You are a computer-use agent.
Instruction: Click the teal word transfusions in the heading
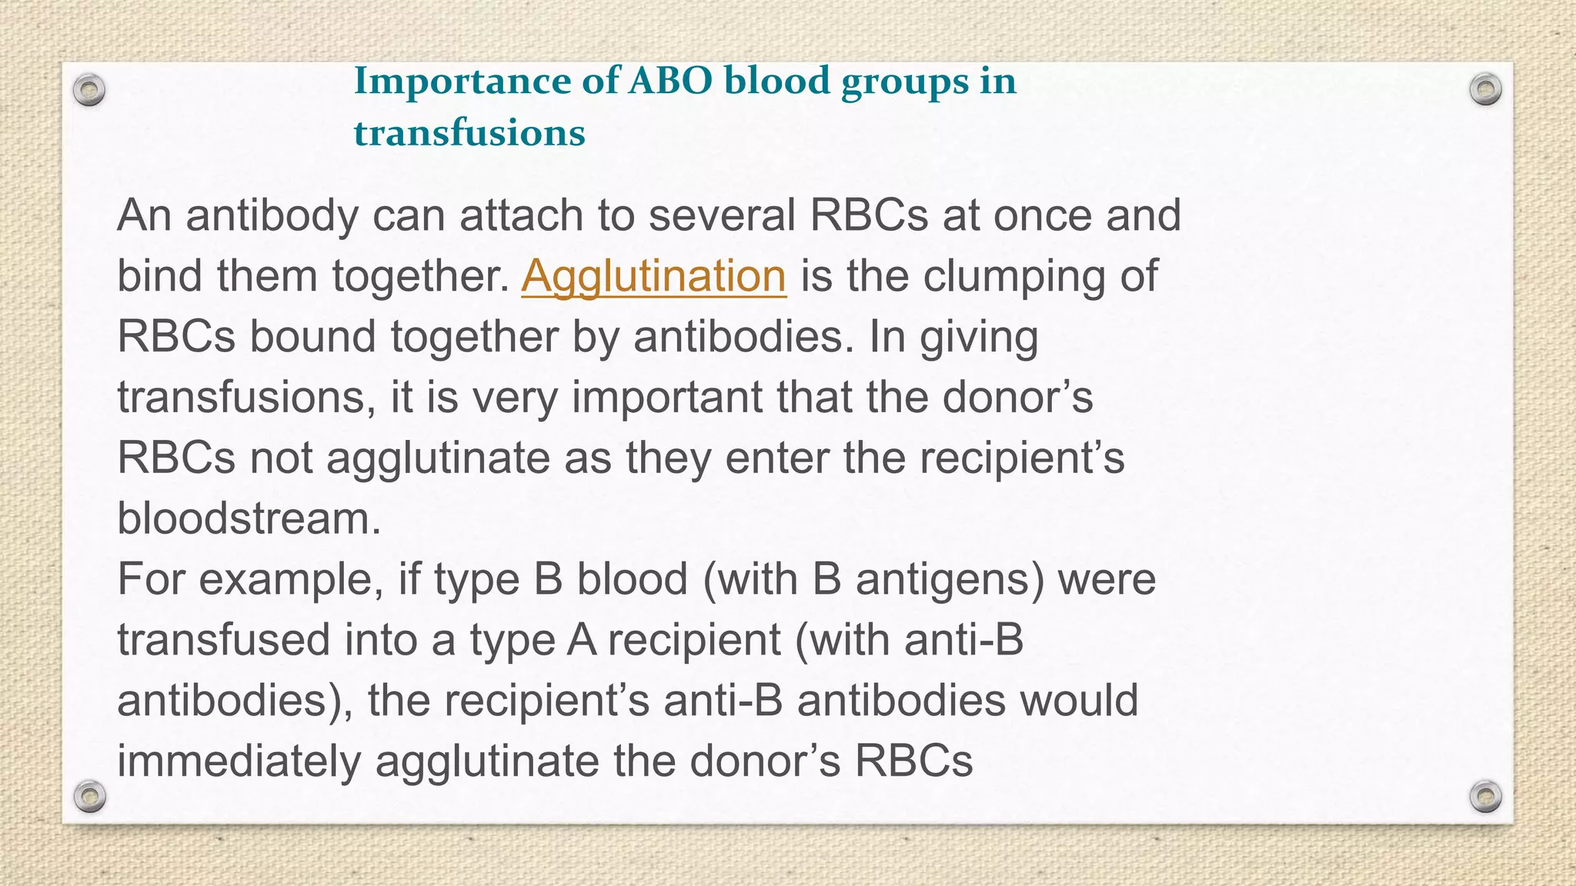pos(469,133)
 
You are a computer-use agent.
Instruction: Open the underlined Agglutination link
pos(653,276)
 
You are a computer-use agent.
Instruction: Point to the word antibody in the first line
pos(272,215)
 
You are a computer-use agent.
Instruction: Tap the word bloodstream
pos(249,518)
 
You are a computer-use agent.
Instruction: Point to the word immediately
pos(239,761)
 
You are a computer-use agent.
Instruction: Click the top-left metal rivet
pos(89,90)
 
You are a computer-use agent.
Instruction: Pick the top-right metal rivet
pos(1485,90)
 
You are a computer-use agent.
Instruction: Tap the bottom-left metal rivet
pos(89,796)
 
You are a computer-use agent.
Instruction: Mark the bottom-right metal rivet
pos(1485,796)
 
